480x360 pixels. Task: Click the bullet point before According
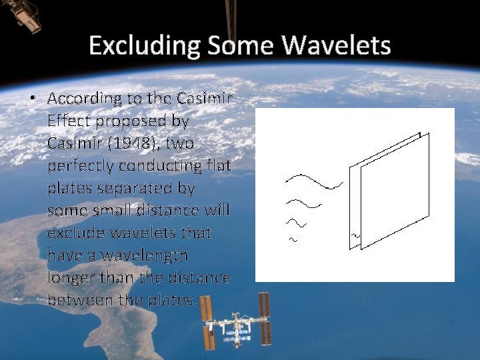[x=31, y=99]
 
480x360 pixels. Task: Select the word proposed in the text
[x=139, y=121]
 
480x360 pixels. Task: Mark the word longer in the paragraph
[x=71, y=277]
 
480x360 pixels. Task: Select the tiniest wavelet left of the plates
[x=292, y=239]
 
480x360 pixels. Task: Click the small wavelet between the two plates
[x=355, y=235]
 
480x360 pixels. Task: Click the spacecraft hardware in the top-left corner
[x=23, y=15]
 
